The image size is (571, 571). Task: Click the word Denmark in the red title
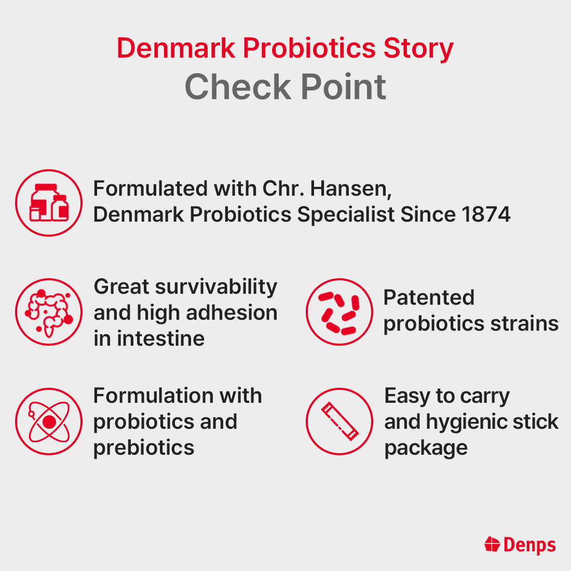click(x=175, y=48)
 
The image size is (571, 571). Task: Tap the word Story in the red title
click(x=418, y=48)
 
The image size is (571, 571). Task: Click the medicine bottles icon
click(x=49, y=203)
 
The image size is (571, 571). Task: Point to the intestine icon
click(x=49, y=312)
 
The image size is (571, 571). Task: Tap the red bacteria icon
click(x=339, y=312)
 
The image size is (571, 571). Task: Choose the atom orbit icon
click(x=49, y=422)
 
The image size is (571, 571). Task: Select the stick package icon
click(x=339, y=422)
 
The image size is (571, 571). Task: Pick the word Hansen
click(x=350, y=188)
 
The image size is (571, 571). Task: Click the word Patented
click(x=429, y=297)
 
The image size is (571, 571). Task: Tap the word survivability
click(x=216, y=287)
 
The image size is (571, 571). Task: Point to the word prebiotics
click(x=144, y=447)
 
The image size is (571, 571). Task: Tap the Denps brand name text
click(x=529, y=545)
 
